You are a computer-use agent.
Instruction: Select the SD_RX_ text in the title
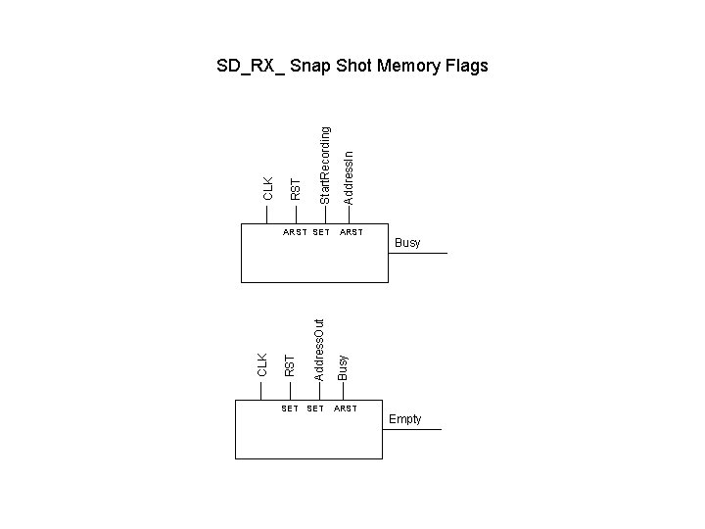pos(252,67)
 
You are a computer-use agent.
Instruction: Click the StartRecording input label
pos(325,165)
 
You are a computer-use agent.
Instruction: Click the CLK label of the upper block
pos(268,188)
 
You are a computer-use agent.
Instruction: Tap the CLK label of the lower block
pos(261,364)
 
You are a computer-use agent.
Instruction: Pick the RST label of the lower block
pos(289,365)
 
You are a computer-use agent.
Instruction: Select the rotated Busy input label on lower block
pos(342,366)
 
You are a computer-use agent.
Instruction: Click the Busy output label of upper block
pos(407,243)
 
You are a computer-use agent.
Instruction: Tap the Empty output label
pos(404,419)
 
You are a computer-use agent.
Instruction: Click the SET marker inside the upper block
pos(321,232)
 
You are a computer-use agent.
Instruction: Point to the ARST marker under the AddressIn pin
pos(351,232)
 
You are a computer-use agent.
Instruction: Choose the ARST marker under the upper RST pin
pos(295,232)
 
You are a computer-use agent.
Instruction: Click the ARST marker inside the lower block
pos(345,409)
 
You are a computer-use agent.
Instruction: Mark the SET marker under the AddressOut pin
pos(315,409)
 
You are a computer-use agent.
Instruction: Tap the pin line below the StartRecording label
pos(325,215)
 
